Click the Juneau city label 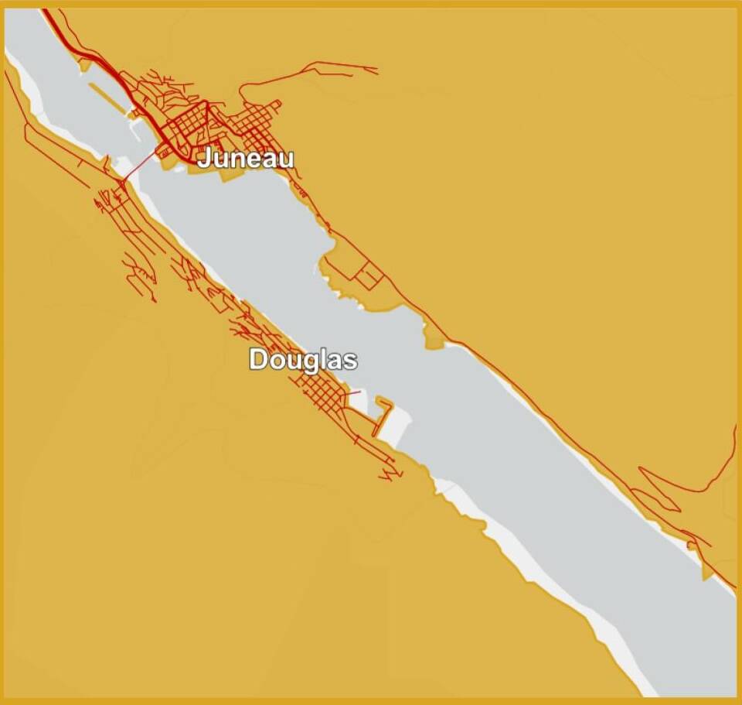pyautogui.click(x=246, y=159)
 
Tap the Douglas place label pyautogui.click(x=303, y=360)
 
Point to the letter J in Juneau pyautogui.click(x=204, y=159)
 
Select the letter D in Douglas pyautogui.click(x=258, y=360)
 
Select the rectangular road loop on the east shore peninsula pyautogui.click(x=369, y=275)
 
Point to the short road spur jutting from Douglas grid pyautogui.click(x=352, y=393)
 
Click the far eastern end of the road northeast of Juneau pyautogui.click(x=376, y=72)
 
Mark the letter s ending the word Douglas pyautogui.click(x=351, y=361)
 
